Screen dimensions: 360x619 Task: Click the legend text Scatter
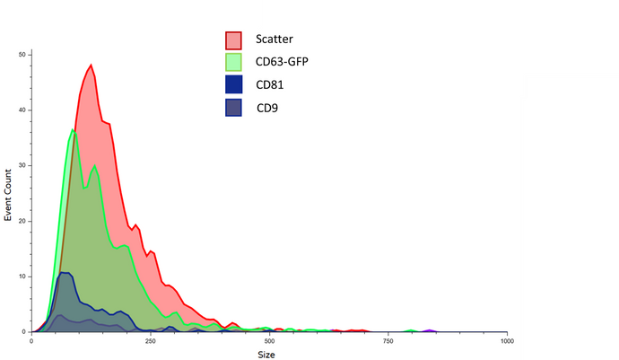[274, 39]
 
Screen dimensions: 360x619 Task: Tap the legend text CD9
[266, 109]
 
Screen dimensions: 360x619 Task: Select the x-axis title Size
[268, 353]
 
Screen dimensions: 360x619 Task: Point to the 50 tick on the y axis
[22, 55]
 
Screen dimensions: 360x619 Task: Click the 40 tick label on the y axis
[22, 110]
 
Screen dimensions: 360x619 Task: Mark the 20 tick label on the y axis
[22, 221]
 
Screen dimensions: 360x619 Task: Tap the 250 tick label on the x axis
[151, 340]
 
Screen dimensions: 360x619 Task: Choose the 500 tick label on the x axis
[269, 340]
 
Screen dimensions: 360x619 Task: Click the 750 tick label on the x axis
[388, 340]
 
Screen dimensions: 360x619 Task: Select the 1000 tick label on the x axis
[507, 340]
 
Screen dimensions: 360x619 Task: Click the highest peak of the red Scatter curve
[92, 65]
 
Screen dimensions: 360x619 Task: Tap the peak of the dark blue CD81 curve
[64, 272]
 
